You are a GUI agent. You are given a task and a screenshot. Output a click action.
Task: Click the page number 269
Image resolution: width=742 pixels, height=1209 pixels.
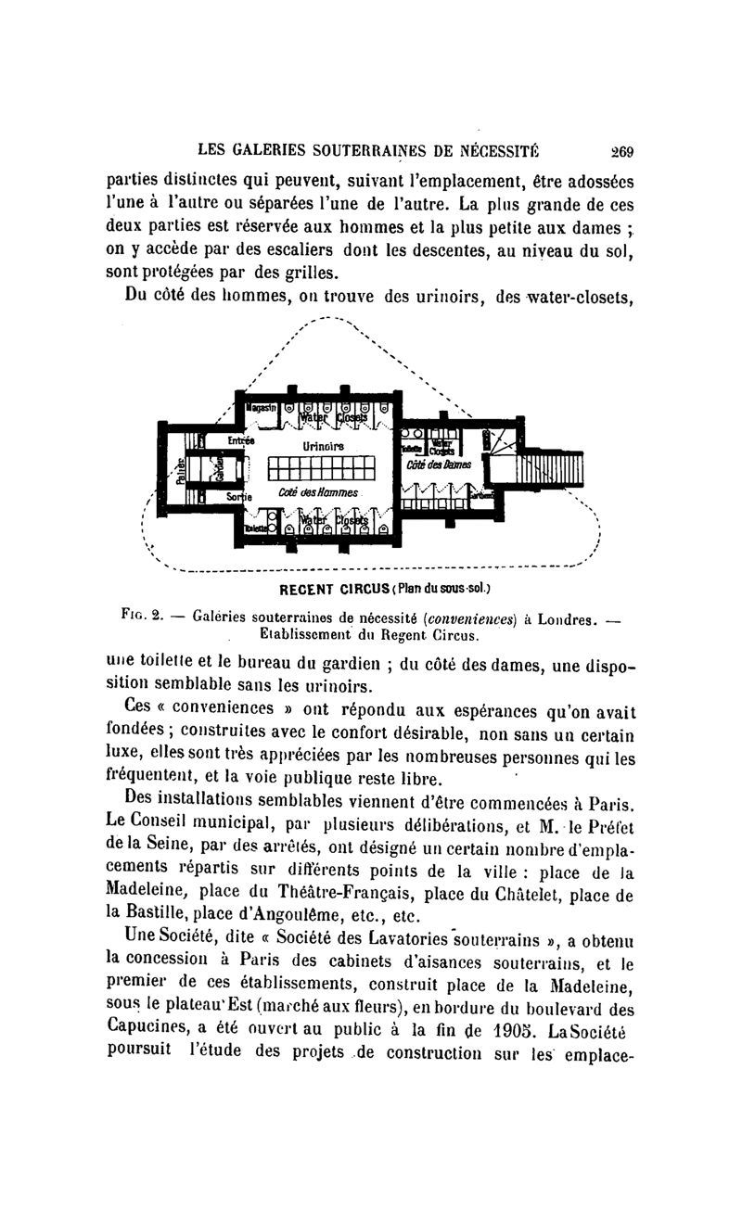click(x=620, y=152)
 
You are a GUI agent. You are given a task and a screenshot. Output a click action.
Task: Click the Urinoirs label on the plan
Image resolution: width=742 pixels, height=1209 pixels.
click(x=323, y=446)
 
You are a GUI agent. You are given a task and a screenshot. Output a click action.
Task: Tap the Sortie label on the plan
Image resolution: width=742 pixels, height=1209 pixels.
click(x=241, y=498)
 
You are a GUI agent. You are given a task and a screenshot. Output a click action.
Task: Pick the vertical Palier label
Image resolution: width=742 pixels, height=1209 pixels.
click(x=182, y=469)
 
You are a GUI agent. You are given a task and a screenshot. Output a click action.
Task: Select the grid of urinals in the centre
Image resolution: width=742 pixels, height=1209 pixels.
click(x=319, y=468)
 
